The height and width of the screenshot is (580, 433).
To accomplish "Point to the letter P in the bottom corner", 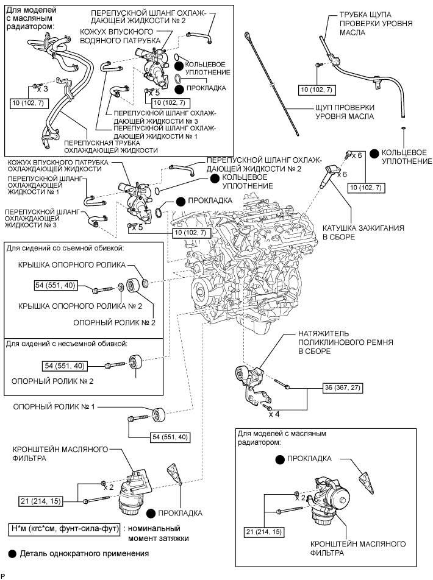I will [4, 575].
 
